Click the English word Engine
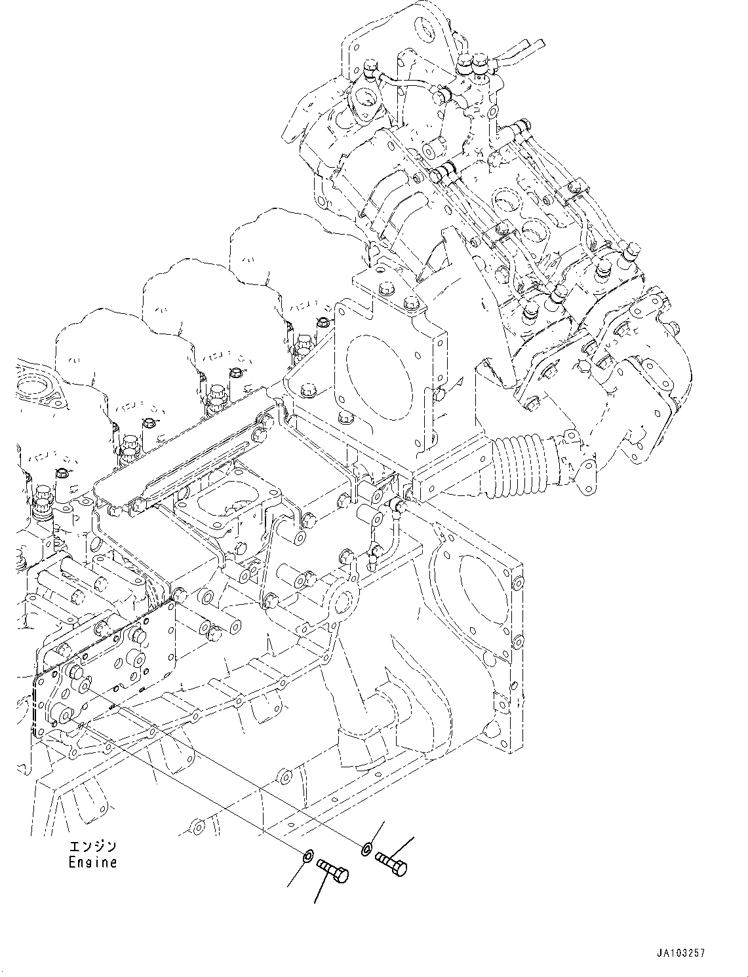pyautogui.click(x=92, y=863)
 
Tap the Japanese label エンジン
pyautogui.click(x=92, y=846)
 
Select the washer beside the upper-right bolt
pyautogui.click(x=366, y=850)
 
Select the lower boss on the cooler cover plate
pyautogui.click(x=64, y=714)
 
